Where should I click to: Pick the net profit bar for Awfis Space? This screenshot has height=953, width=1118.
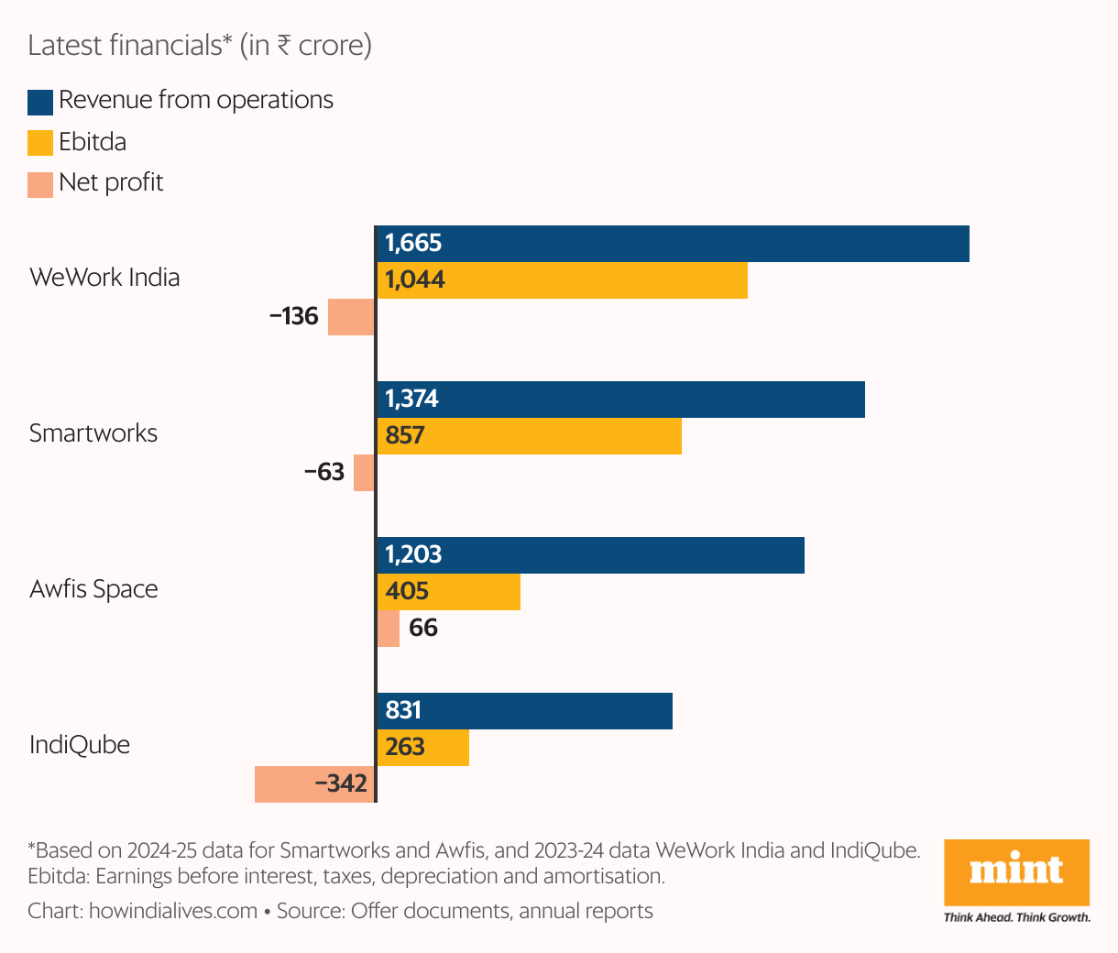(389, 629)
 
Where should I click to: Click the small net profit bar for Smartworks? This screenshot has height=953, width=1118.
(364, 473)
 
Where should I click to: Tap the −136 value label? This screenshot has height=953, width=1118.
(294, 317)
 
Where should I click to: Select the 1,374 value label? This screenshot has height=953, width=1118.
(411, 400)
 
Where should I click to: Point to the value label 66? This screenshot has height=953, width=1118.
(423, 629)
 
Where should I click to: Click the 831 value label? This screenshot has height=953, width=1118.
(403, 711)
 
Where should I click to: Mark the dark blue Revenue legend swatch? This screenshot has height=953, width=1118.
(40, 102)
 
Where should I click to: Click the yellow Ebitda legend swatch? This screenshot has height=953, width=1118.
(40, 144)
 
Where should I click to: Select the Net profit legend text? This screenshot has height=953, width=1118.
(111, 182)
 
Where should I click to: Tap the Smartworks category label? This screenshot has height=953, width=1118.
(93, 433)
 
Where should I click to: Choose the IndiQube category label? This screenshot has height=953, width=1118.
(80, 745)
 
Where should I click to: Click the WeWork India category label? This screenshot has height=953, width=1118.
(104, 278)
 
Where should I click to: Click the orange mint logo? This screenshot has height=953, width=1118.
(1016, 872)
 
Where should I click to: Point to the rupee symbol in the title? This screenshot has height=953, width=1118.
(284, 46)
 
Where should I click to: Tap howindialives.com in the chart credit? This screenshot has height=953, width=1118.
(173, 912)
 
